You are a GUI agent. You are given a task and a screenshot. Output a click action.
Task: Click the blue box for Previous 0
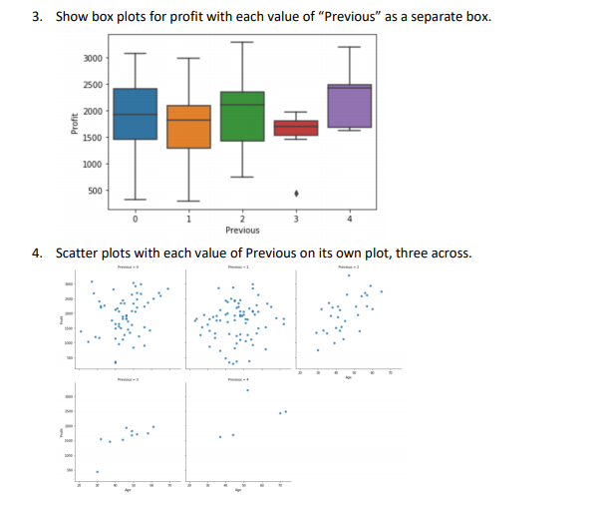[136, 114]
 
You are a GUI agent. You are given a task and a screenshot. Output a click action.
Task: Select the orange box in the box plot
[188, 126]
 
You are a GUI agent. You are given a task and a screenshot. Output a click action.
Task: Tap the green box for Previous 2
[242, 116]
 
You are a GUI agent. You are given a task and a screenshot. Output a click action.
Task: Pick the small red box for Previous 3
[295, 128]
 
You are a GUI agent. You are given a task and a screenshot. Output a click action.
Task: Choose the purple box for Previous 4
[349, 106]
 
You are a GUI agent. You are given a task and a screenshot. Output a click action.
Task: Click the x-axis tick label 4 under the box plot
[349, 219]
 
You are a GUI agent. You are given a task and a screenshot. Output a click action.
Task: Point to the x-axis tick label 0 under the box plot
[136, 219]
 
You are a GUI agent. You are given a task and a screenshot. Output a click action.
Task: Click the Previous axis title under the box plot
[242, 230]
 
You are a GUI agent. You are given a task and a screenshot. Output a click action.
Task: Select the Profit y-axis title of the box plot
[75, 124]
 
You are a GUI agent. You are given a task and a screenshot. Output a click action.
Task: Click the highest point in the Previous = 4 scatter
[247, 390]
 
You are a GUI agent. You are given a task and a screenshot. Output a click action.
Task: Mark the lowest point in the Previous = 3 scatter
[97, 472]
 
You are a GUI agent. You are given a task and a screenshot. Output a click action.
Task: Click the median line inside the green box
[242, 105]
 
